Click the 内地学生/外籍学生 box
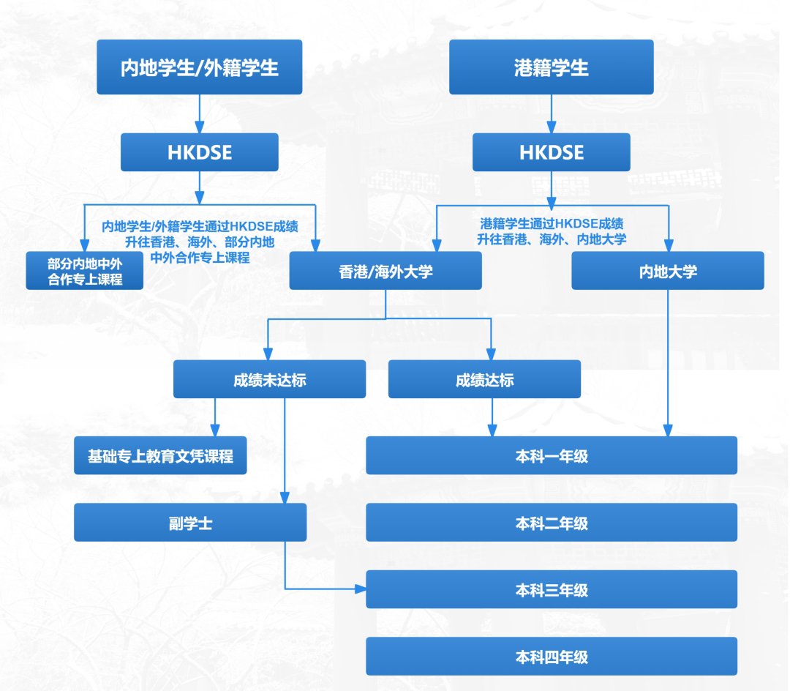click(200, 67)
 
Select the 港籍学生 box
click(551, 67)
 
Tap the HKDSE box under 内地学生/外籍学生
click(200, 152)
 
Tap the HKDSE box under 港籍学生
click(551, 152)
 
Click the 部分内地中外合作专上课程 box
click(85, 271)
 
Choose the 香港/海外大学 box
click(385, 271)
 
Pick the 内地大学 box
click(668, 271)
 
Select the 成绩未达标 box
click(269, 379)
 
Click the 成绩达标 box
click(484, 379)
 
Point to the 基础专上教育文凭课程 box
click(160, 455)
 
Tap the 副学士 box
click(190, 523)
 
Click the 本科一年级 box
click(552, 455)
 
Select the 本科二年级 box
click(552, 523)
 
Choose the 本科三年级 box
click(552, 590)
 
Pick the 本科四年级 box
click(552, 656)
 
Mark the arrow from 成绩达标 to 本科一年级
click(491, 417)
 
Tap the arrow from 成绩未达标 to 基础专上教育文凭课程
click(215, 417)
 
